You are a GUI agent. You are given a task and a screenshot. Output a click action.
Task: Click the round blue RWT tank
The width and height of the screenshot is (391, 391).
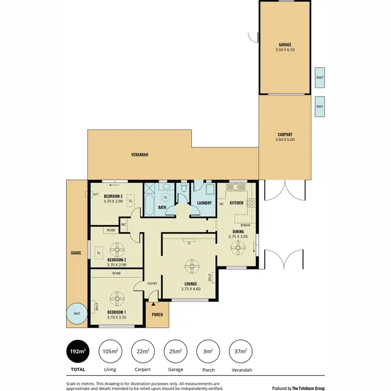(x=77, y=314)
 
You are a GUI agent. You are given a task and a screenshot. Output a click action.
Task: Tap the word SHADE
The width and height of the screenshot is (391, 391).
(x=76, y=253)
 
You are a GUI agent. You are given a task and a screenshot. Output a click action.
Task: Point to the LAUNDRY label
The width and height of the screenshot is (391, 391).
(x=204, y=203)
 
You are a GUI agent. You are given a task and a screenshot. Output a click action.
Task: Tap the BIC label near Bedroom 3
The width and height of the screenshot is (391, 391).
(x=124, y=225)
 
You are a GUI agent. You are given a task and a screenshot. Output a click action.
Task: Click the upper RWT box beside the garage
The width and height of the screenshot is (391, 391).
(x=320, y=78)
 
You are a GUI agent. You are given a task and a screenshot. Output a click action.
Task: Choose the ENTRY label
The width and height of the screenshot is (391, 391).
(x=152, y=283)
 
